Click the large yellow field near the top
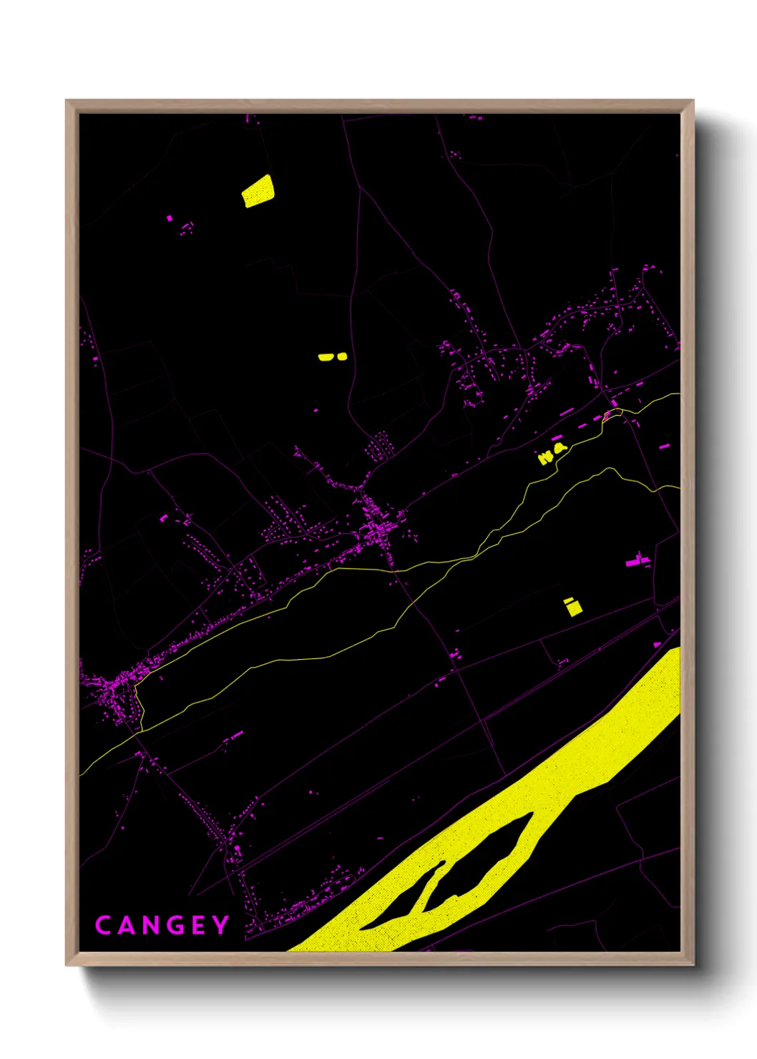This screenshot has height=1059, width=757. click(258, 192)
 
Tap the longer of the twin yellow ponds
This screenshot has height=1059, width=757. click(326, 356)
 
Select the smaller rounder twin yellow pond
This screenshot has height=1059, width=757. click(342, 356)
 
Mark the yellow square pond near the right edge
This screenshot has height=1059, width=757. click(573, 607)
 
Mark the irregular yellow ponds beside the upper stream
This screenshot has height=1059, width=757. click(551, 453)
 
